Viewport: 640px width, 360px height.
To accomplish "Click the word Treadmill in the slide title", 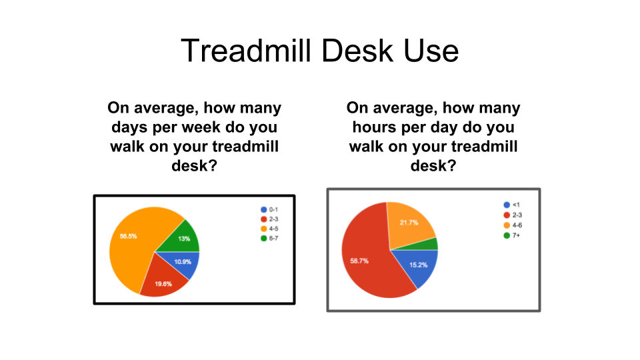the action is (x=246, y=51).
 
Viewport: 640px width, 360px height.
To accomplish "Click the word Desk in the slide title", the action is (x=357, y=51).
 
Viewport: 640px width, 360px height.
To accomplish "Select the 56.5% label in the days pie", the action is (x=128, y=236).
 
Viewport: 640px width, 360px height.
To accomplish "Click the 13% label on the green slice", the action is (x=184, y=239).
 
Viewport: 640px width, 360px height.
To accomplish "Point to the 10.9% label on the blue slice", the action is (x=183, y=261).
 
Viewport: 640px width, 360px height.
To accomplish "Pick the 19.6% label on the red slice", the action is (x=163, y=284).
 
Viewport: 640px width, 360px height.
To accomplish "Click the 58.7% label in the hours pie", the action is (x=359, y=261).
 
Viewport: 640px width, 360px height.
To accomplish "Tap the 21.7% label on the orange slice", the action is (x=409, y=223).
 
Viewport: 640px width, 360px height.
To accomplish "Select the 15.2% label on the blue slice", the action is (x=419, y=265).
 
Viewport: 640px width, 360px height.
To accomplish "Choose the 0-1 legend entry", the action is (x=269, y=209).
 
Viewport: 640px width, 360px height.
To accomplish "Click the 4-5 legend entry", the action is (x=269, y=229).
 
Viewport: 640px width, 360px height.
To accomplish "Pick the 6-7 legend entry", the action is (x=269, y=239).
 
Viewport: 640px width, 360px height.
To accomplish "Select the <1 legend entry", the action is (x=512, y=205).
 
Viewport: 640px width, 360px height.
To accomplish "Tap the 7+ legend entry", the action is (x=512, y=235).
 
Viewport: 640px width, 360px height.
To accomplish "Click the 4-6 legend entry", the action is (x=513, y=225).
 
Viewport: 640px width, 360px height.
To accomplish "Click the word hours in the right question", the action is (x=375, y=127).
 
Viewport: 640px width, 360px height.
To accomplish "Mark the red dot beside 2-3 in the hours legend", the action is (x=507, y=215).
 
